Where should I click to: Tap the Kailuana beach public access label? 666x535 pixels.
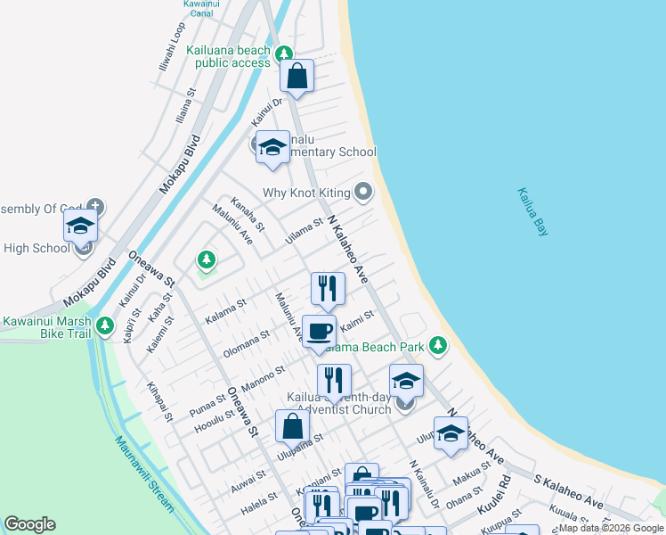pyautogui.click(x=228, y=57)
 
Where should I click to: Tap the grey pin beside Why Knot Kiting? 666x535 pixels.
pyautogui.click(x=362, y=191)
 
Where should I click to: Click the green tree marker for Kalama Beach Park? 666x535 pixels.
pyautogui.click(x=437, y=344)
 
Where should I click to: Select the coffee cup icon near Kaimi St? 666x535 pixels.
pyautogui.click(x=320, y=332)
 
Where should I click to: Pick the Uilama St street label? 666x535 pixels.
pyautogui.click(x=303, y=230)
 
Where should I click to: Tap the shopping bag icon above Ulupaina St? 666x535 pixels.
pyautogui.click(x=293, y=426)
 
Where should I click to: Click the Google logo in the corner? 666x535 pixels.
pyautogui.click(x=29, y=524)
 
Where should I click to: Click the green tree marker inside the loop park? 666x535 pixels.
pyautogui.click(x=207, y=259)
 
